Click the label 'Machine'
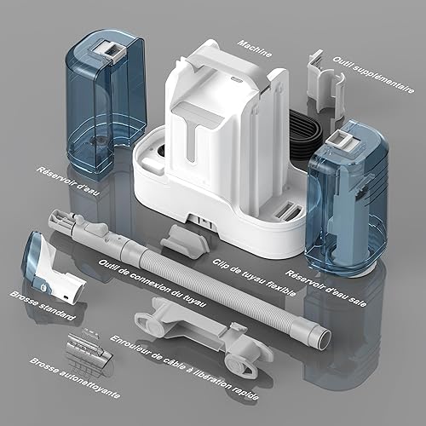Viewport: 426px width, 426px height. (x=255, y=49)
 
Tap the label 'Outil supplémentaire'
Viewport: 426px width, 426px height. (x=373, y=74)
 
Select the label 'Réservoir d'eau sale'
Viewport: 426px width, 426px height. (x=325, y=288)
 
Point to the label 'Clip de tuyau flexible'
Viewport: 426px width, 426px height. (x=254, y=277)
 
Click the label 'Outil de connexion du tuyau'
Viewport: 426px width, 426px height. (x=152, y=283)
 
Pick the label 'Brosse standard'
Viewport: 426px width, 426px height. (x=43, y=305)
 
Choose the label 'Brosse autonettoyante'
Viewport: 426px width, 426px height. (x=75, y=377)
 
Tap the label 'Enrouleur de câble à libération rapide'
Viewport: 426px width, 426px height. (x=185, y=368)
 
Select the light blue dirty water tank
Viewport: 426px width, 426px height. (x=348, y=199)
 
